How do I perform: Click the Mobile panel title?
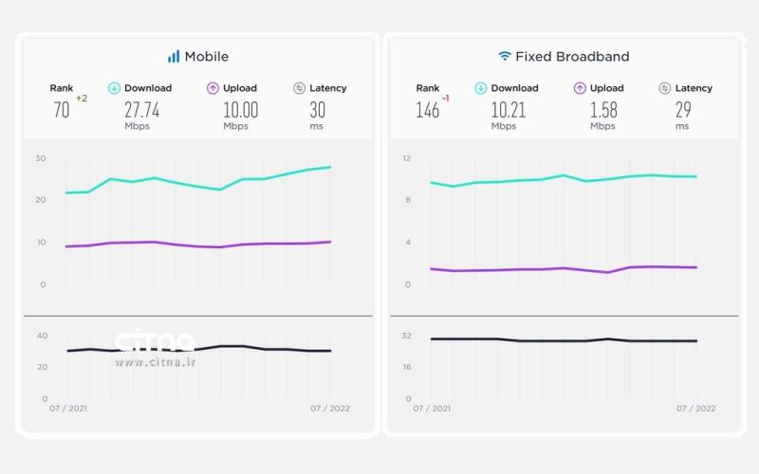[206, 57]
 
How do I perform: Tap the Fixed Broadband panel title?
[572, 57]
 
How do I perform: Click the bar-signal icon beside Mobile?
[174, 57]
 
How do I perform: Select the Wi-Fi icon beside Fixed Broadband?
[505, 57]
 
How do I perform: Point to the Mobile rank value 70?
[62, 110]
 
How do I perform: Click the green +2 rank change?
[82, 99]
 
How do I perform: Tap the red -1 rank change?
[446, 99]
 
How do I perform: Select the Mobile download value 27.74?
[141, 110]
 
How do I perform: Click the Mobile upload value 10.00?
[240, 110]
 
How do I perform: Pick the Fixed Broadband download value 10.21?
[509, 110]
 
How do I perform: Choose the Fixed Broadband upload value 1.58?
[603, 110]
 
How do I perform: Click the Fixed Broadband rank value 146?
[428, 110]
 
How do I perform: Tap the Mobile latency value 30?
[317, 110]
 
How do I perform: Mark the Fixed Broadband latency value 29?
[683, 110]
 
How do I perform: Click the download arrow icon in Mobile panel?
[114, 88]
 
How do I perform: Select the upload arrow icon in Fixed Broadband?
[579, 88]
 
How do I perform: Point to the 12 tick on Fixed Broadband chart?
[406, 157]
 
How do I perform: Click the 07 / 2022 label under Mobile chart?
[330, 409]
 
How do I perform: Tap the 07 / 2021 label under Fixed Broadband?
[433, 409]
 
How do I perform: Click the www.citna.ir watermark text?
[156, 362]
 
